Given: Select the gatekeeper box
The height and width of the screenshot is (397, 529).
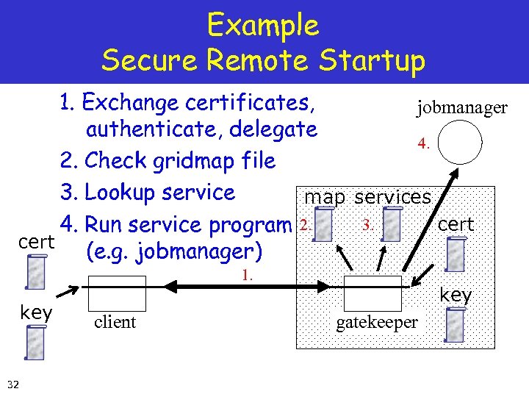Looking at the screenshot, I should [x=373, y=293].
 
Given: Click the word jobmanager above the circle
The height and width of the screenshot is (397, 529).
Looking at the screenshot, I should [x=461, y=108].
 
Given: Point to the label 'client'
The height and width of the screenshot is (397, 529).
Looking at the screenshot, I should [x=115, y=322].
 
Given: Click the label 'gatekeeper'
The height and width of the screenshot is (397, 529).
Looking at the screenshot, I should [x=377, y=323].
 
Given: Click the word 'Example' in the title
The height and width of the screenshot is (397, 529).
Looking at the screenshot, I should [x=263, y=26].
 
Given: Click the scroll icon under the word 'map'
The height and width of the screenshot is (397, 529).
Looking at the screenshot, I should [x=328, y=224].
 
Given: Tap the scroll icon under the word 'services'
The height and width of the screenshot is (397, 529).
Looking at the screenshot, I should [x=392, y=223].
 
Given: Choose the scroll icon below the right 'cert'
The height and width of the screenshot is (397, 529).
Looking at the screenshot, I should [x=456, y=254].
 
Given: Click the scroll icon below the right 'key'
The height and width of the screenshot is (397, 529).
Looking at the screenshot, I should [x=456, y=325].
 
